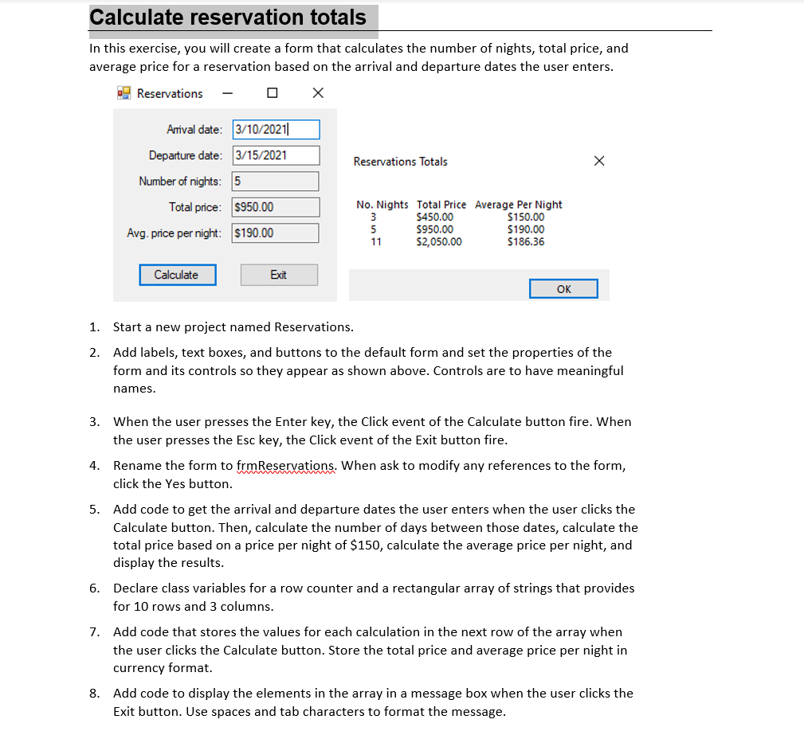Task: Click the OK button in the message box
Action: click(x=563, y=289)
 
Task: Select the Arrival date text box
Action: click(x=276, y=130)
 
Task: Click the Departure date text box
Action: click(x=276, y=155)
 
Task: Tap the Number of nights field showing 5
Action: click(x=276, y=182)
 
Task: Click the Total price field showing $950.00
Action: click(x=276, y=208)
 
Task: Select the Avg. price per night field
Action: click(x=276, y=233)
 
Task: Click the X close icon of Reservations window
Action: click(x=318, y=93)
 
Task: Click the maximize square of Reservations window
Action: click(x=273, y=93)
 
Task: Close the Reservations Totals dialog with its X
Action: click(x=599, y=162)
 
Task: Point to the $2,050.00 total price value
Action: click(x=439, y=242)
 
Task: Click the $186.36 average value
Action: click(x=526, y=242)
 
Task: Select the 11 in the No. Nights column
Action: click(x=376, y=242)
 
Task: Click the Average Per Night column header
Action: click(x=519, y=205)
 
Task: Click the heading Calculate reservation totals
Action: click(x=229, y=18)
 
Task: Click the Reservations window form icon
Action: click(x=124, y=93)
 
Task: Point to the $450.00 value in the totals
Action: click(x=435, y=217)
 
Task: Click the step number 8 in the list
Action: click(x=94, y=693)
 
